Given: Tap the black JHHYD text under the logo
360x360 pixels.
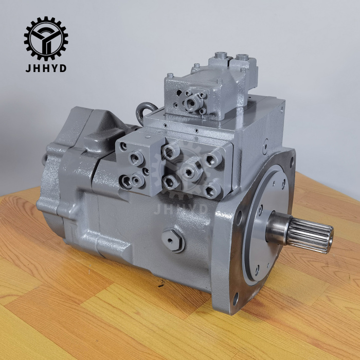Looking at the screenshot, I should pos(46,68).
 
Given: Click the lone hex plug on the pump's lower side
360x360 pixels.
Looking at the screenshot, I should pos(173,239).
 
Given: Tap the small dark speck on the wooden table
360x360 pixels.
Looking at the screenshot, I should pos(161,281).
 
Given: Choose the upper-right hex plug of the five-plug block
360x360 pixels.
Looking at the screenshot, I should pos(210,160).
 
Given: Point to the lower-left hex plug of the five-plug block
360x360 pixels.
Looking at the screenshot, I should pos(168,180).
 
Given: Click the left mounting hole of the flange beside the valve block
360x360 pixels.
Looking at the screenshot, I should pos(240,215).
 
